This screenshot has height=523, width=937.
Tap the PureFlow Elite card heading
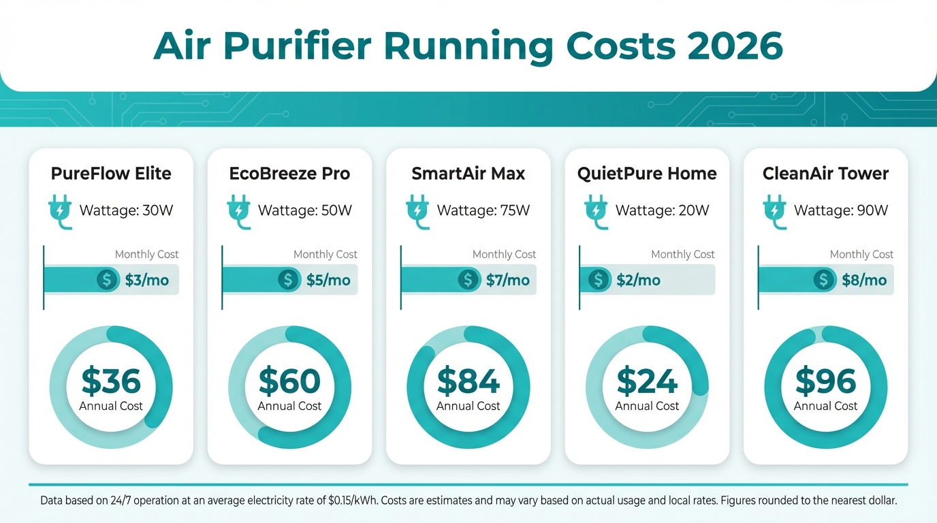tap(111, 174)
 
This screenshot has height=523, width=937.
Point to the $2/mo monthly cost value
tap(638, 280)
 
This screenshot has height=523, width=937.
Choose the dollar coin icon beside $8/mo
tap(824, 280)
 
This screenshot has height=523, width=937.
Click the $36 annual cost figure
tap(111, 381)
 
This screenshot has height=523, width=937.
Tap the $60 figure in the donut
tap(289, 381)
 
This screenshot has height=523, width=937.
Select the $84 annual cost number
tap(469, 381)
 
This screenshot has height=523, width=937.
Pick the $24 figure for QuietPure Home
tap(647, 381)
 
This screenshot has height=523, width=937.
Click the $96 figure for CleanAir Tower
tap(825, 381)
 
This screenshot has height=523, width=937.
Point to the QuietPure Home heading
tap(647, 174)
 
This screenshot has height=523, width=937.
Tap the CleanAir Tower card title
tap(825, 174)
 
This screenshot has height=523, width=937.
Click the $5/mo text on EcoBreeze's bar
tap(327, 280)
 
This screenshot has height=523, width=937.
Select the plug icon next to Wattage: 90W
tap(774, 210)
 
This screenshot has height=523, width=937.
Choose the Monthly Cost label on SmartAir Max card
tap(504, 254)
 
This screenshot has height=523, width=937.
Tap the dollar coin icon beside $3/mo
tap(107, 280)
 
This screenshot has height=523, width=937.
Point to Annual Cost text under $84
tap(469, 406)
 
